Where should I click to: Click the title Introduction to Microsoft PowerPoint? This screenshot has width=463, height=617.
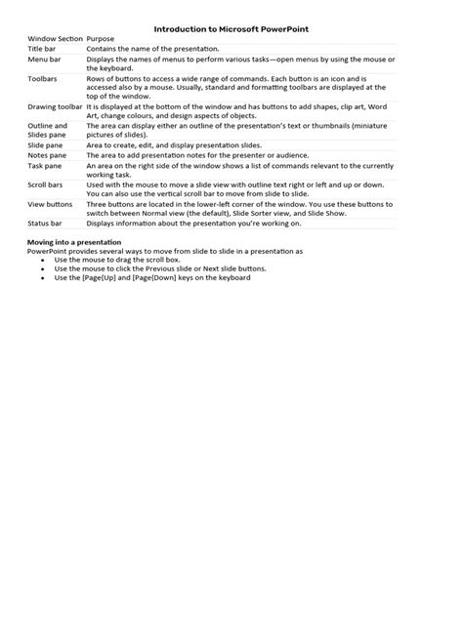click(x=231, y=30)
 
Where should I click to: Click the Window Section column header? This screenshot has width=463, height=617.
click(x=55, y=39)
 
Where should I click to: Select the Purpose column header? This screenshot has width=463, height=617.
click(x=103, y=39)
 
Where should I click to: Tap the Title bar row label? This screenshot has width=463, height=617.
click(x=43, y=47)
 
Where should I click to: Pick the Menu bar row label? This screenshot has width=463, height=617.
click(x=45, y=60)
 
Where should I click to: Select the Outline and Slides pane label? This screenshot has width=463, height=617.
click(x=48, y=130)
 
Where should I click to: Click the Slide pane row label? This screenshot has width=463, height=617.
click(x=46, y=144)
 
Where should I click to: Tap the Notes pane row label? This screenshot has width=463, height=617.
click(x=47, y=155)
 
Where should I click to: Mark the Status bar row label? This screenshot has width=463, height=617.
click(x=46, y=224)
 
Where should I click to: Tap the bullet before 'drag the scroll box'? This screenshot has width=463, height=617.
click(x=44, y=260)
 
